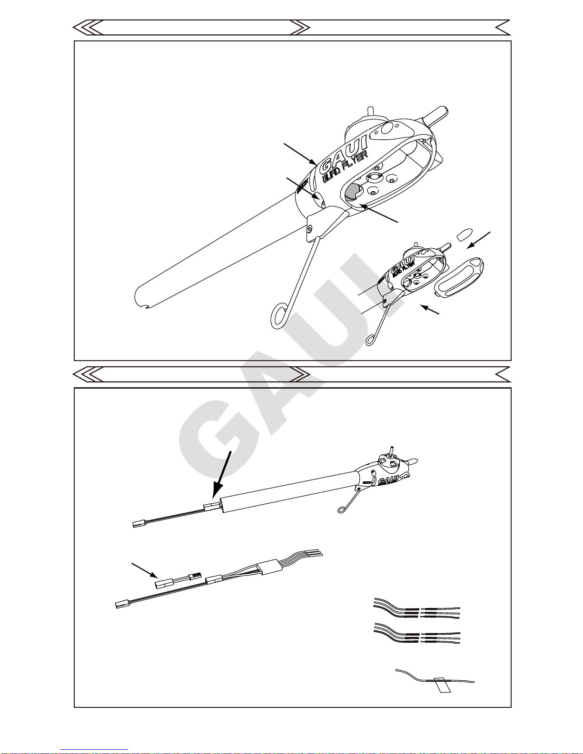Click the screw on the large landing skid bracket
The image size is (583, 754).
coord(310,229)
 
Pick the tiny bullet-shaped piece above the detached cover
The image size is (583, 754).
coord(464,235)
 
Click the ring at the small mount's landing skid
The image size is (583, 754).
coord(372,339)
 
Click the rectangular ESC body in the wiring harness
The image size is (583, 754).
coord(271,567)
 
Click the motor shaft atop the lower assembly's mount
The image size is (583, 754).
coord(391,451)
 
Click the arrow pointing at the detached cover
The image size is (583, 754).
coord(480,239)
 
